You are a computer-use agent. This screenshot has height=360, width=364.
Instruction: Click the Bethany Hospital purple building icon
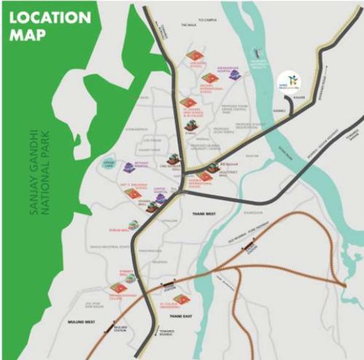pyautogui.click(x=129, y=168)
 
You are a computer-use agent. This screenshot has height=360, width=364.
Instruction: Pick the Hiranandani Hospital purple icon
pyautogui.click(x=234, y=75)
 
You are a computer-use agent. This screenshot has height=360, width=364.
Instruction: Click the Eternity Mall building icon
pyautogui.click(x=130, y=278)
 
